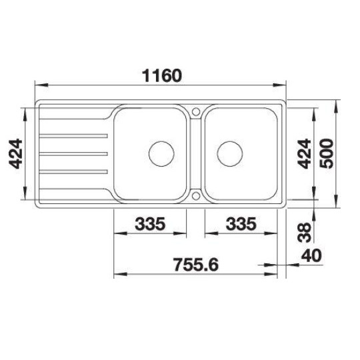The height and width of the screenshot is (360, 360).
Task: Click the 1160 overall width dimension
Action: pyautogui.click(x=162, y=75)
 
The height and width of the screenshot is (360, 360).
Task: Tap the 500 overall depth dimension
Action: pyautogui.click(x=326, y=153)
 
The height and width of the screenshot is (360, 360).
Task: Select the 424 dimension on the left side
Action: pyautogui.click(x=16, y=153)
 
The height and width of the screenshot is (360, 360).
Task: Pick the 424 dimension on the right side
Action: pyautogui.click(x=305, y=153)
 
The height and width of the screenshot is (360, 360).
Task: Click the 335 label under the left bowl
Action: pyautogui.click(x=150, y=224)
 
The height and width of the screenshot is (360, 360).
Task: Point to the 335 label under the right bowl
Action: pyautogui.click(x=241, y=224)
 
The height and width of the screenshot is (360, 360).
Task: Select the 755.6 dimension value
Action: pyautogui.click(x=195, y=265)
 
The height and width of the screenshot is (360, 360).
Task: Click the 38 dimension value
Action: pyautogui.click(x=304, y=233)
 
